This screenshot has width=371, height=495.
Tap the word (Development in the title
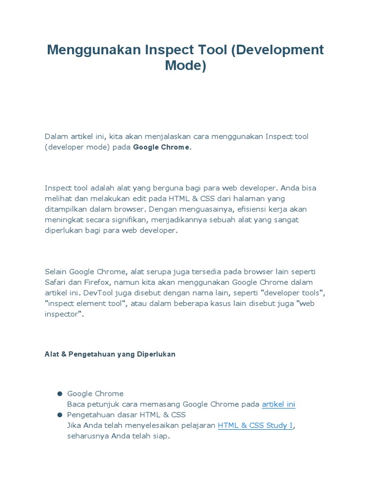point(277,50)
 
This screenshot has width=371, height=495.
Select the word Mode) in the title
point(185,65)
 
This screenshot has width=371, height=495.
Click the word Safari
point(56,282)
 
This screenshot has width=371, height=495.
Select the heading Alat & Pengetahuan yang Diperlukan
point(110,354)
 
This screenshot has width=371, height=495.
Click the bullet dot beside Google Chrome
point(60,393)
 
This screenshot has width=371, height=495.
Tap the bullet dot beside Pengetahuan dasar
point(60,415)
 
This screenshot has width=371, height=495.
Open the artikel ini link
point(278,404)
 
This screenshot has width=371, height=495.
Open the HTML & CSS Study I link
point(255,425)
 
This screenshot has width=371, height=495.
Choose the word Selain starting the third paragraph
point(56,271)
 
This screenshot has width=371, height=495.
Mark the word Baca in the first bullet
point(76,404)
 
